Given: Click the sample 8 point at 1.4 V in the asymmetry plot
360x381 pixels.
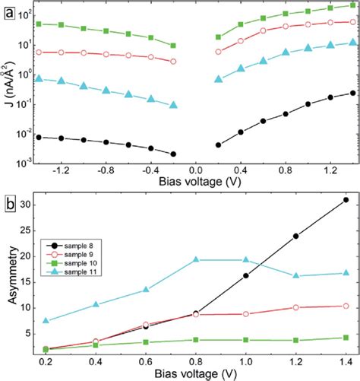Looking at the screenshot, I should pyautogui.click(x=346, y=200).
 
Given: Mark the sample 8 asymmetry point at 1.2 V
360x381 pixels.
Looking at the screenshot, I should pyautogui.click(x=295, y=236).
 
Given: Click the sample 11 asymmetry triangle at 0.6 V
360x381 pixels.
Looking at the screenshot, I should pyautogui.click(x=147, y=290).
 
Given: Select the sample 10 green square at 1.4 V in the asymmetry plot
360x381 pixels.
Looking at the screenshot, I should pyautogui.click(x=346, y=338).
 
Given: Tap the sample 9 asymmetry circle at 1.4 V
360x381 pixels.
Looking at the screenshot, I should pyautogui.click(x=346, y=306).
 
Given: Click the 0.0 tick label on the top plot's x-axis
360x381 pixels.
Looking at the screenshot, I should pyautogui.click(x=196, y=173).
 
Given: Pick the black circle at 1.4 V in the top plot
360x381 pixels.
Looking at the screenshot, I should pyautogui.click(x=353, y=94).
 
